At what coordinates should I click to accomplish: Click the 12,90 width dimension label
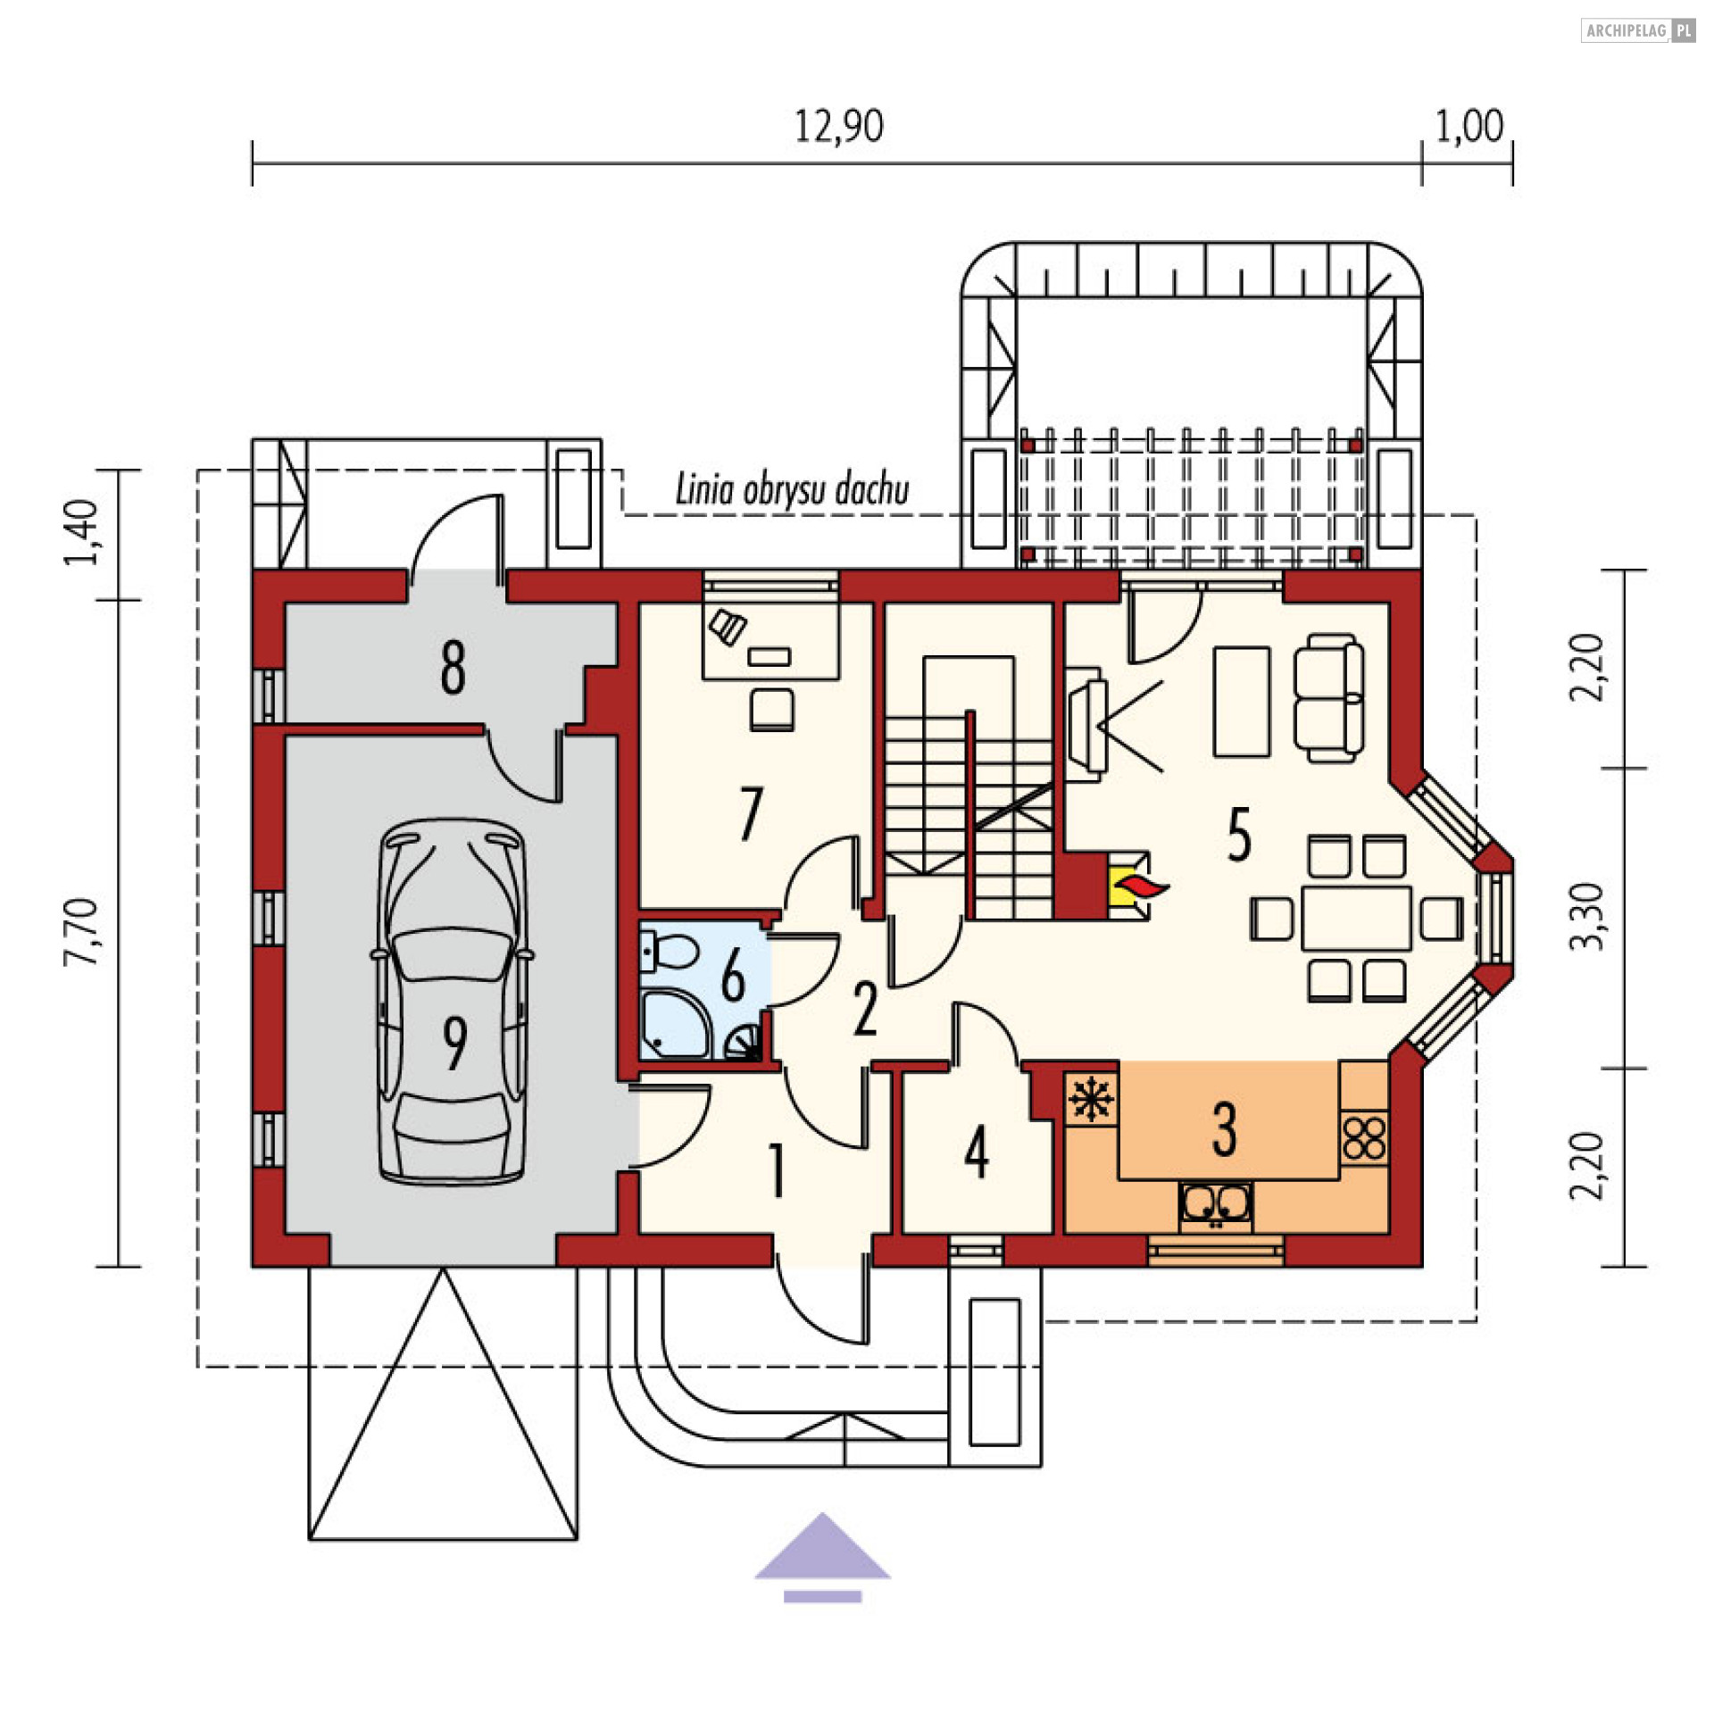(838, 126)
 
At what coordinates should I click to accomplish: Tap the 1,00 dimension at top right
(1469, 126)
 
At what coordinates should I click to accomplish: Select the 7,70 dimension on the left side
(81, 932)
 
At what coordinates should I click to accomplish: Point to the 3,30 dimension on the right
(1587, 916)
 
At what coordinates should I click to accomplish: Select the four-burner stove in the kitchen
(1364, 1137)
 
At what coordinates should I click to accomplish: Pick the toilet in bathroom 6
(667, 952)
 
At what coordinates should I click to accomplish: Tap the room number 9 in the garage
(454, 1044)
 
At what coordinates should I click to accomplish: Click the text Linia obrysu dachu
(792, 489)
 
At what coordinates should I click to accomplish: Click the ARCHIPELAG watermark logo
(1638, 30)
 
